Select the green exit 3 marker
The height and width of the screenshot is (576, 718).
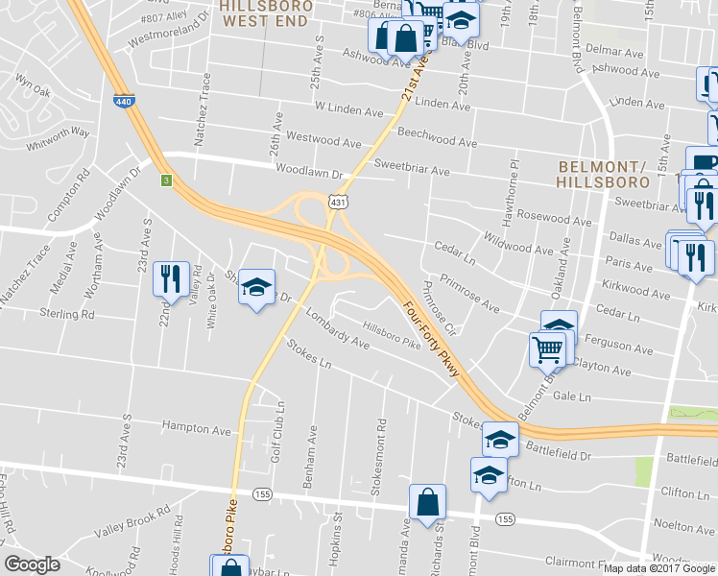point(166,180)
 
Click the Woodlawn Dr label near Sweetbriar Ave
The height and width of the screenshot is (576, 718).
point(309,172)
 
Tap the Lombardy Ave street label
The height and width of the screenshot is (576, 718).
point(337,328)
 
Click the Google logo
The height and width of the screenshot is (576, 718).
point(33,564)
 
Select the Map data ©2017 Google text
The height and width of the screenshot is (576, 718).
point(658,567)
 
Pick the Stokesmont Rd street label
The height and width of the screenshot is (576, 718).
point(381,453)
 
